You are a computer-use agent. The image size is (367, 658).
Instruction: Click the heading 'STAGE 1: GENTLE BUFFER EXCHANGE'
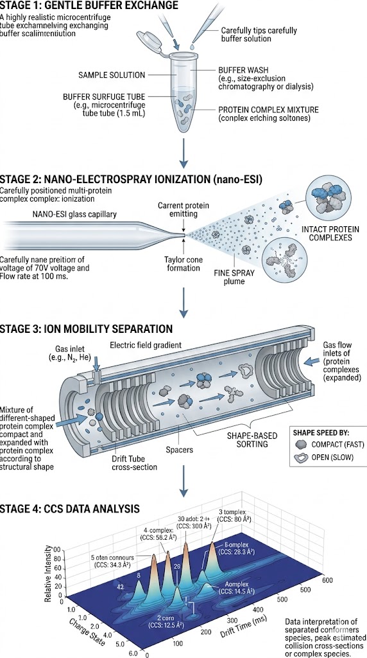(90, 6)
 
